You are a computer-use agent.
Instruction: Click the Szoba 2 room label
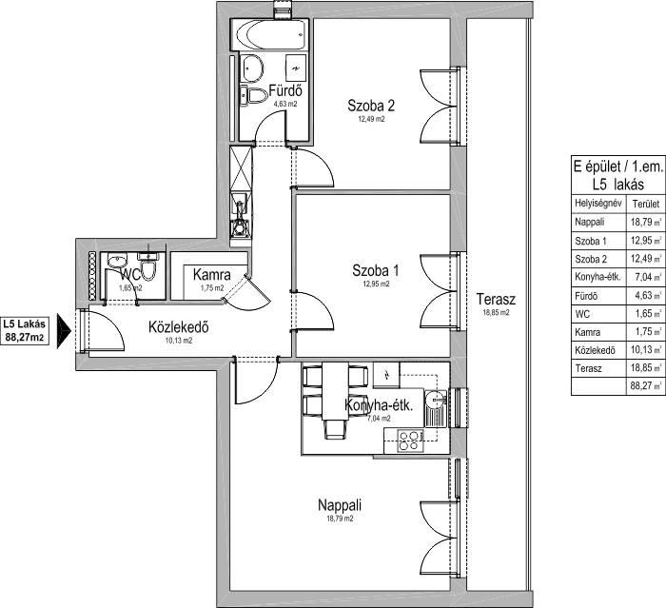point(370,105)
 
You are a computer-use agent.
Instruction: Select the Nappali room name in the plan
point(340,504)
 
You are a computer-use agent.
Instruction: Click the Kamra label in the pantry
point(210,275)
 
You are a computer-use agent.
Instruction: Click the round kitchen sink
point(434,402)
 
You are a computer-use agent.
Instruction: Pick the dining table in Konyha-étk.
point(333,391)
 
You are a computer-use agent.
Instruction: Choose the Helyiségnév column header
point(597,203)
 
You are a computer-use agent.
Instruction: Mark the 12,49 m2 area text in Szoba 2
point(370,120)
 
